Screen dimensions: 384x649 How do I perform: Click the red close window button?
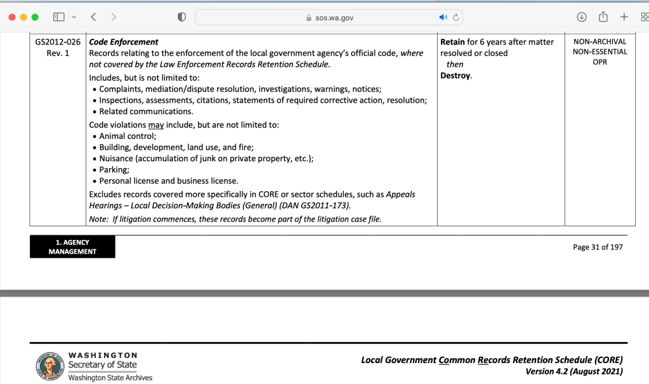click(x=12, y=17)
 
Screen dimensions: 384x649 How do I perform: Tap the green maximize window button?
click(x=35, y=17)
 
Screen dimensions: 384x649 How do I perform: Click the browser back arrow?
click(x=93, y=17)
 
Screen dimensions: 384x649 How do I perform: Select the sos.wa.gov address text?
click(x=334, y=18)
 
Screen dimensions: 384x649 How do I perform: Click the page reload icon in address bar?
click(x=456, y=17)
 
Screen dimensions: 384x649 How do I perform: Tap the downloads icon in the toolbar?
click(x=581, y=17)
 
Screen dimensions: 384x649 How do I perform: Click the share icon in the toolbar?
click(x=603, y=17)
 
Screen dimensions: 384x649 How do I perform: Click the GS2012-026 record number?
click(x=58, y=42)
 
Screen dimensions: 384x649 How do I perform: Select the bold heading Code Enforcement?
click(x=124, y=42)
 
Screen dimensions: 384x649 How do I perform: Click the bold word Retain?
click(x=452, y=42)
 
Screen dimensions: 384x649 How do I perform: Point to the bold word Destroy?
click(x=455, y=76)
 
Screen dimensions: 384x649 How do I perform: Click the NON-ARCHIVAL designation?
click(x=600, y=42)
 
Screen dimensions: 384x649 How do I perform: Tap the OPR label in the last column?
click(x=600, y=62)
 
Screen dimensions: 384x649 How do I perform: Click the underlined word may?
click(x=156, y=125)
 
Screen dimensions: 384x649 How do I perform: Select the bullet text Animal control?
click(x=128, y=136)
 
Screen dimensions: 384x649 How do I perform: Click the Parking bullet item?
click(x=114, y=169)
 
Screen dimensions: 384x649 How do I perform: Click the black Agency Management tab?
click(x=72, y=247)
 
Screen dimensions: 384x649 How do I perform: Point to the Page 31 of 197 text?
click(x=598, y=248)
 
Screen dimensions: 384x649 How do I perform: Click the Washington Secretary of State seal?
click(x=49, y=366)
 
